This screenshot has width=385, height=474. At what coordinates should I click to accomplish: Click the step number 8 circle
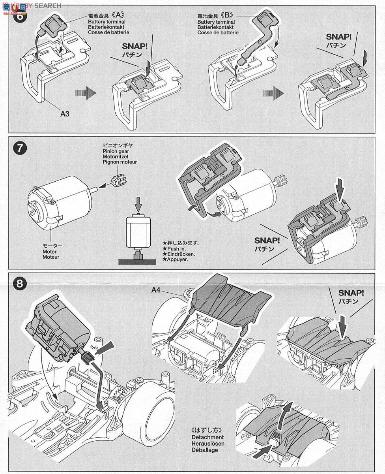coord(19,283)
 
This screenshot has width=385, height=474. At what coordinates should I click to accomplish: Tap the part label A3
coord(65,114)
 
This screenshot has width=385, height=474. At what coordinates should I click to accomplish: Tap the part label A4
coord(156,290)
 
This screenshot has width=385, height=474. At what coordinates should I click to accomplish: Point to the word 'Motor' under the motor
coord(50,252)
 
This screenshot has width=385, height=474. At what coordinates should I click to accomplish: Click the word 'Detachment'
coord(207,437)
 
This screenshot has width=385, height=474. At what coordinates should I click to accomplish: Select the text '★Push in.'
coord(176,249)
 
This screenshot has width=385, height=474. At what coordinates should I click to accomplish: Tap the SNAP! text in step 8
coord(351,293)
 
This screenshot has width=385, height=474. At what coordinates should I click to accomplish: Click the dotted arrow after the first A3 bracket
coord(86,94)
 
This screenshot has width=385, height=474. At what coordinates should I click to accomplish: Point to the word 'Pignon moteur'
coord(120,162)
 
